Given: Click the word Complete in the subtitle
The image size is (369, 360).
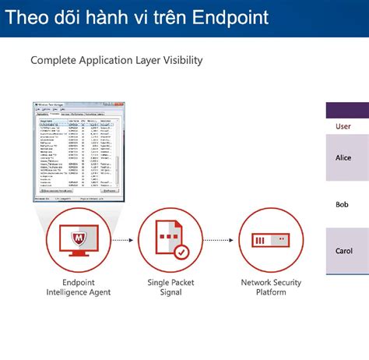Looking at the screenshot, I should coord(55,59).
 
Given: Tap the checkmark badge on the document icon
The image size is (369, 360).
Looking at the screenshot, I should coord(181,252).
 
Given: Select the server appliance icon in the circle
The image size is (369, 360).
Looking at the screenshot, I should coord(270,241).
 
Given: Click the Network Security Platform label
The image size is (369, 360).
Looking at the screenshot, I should coord(271,288).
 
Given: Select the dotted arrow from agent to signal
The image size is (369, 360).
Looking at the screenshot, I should coord(124,241).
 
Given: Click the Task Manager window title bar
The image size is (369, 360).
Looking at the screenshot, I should coord(74,105).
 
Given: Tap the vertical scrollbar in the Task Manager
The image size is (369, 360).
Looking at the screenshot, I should coord(118,156).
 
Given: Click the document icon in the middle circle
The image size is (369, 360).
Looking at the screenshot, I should coord(170,238).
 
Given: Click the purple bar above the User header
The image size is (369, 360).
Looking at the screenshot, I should coord(346,110).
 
